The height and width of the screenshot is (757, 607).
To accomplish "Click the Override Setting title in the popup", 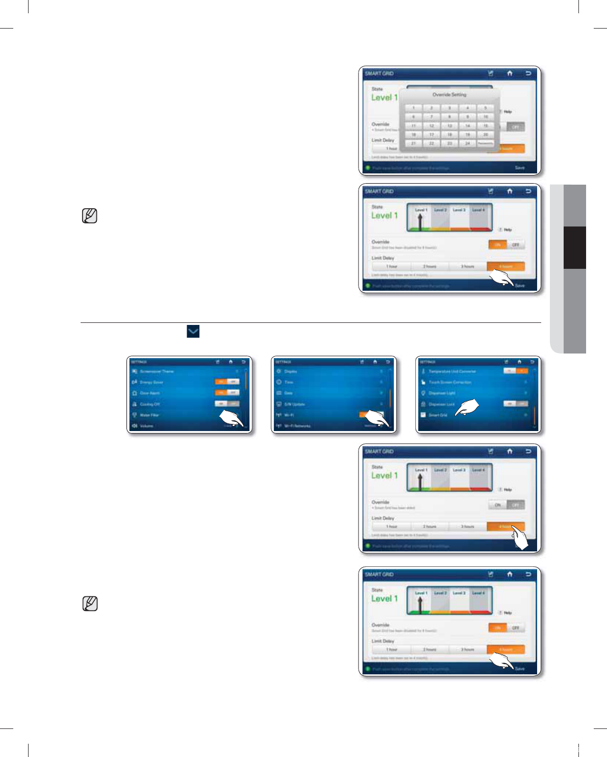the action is tap(449, 94).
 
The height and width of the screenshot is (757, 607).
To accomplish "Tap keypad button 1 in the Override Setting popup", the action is tap(413, 108).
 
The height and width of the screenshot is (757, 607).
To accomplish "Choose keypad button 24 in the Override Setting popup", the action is tap(467, 143).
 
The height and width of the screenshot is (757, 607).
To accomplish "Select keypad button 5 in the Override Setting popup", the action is tap(485, 108).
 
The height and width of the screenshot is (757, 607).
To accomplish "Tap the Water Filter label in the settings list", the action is tap(149, 415).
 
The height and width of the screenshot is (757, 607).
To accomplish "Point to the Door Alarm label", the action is tap(149, 393).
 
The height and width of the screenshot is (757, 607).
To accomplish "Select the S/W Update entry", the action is tap(294, 404).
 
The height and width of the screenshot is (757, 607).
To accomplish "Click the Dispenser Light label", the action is tap(442, 393).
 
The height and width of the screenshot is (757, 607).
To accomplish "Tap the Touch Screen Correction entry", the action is tap(449, 382).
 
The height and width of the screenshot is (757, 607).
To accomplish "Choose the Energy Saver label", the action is tap(151, 382).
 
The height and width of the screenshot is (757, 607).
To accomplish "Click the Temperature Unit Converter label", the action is tap(452, 371).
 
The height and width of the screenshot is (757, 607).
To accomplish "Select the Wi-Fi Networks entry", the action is tap(297, 426).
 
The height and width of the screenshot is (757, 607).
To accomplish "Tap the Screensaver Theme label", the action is tap(157, 371).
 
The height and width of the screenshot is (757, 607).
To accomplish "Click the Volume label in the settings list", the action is tap(146, 426).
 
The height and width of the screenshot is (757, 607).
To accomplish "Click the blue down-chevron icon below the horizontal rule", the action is tap(193, 332).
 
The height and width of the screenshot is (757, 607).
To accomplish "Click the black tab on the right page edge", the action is tap(574, 247).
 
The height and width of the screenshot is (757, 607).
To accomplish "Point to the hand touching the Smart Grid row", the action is tap(467, 408).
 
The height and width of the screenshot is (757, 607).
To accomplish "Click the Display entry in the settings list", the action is tap(290, 371).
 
